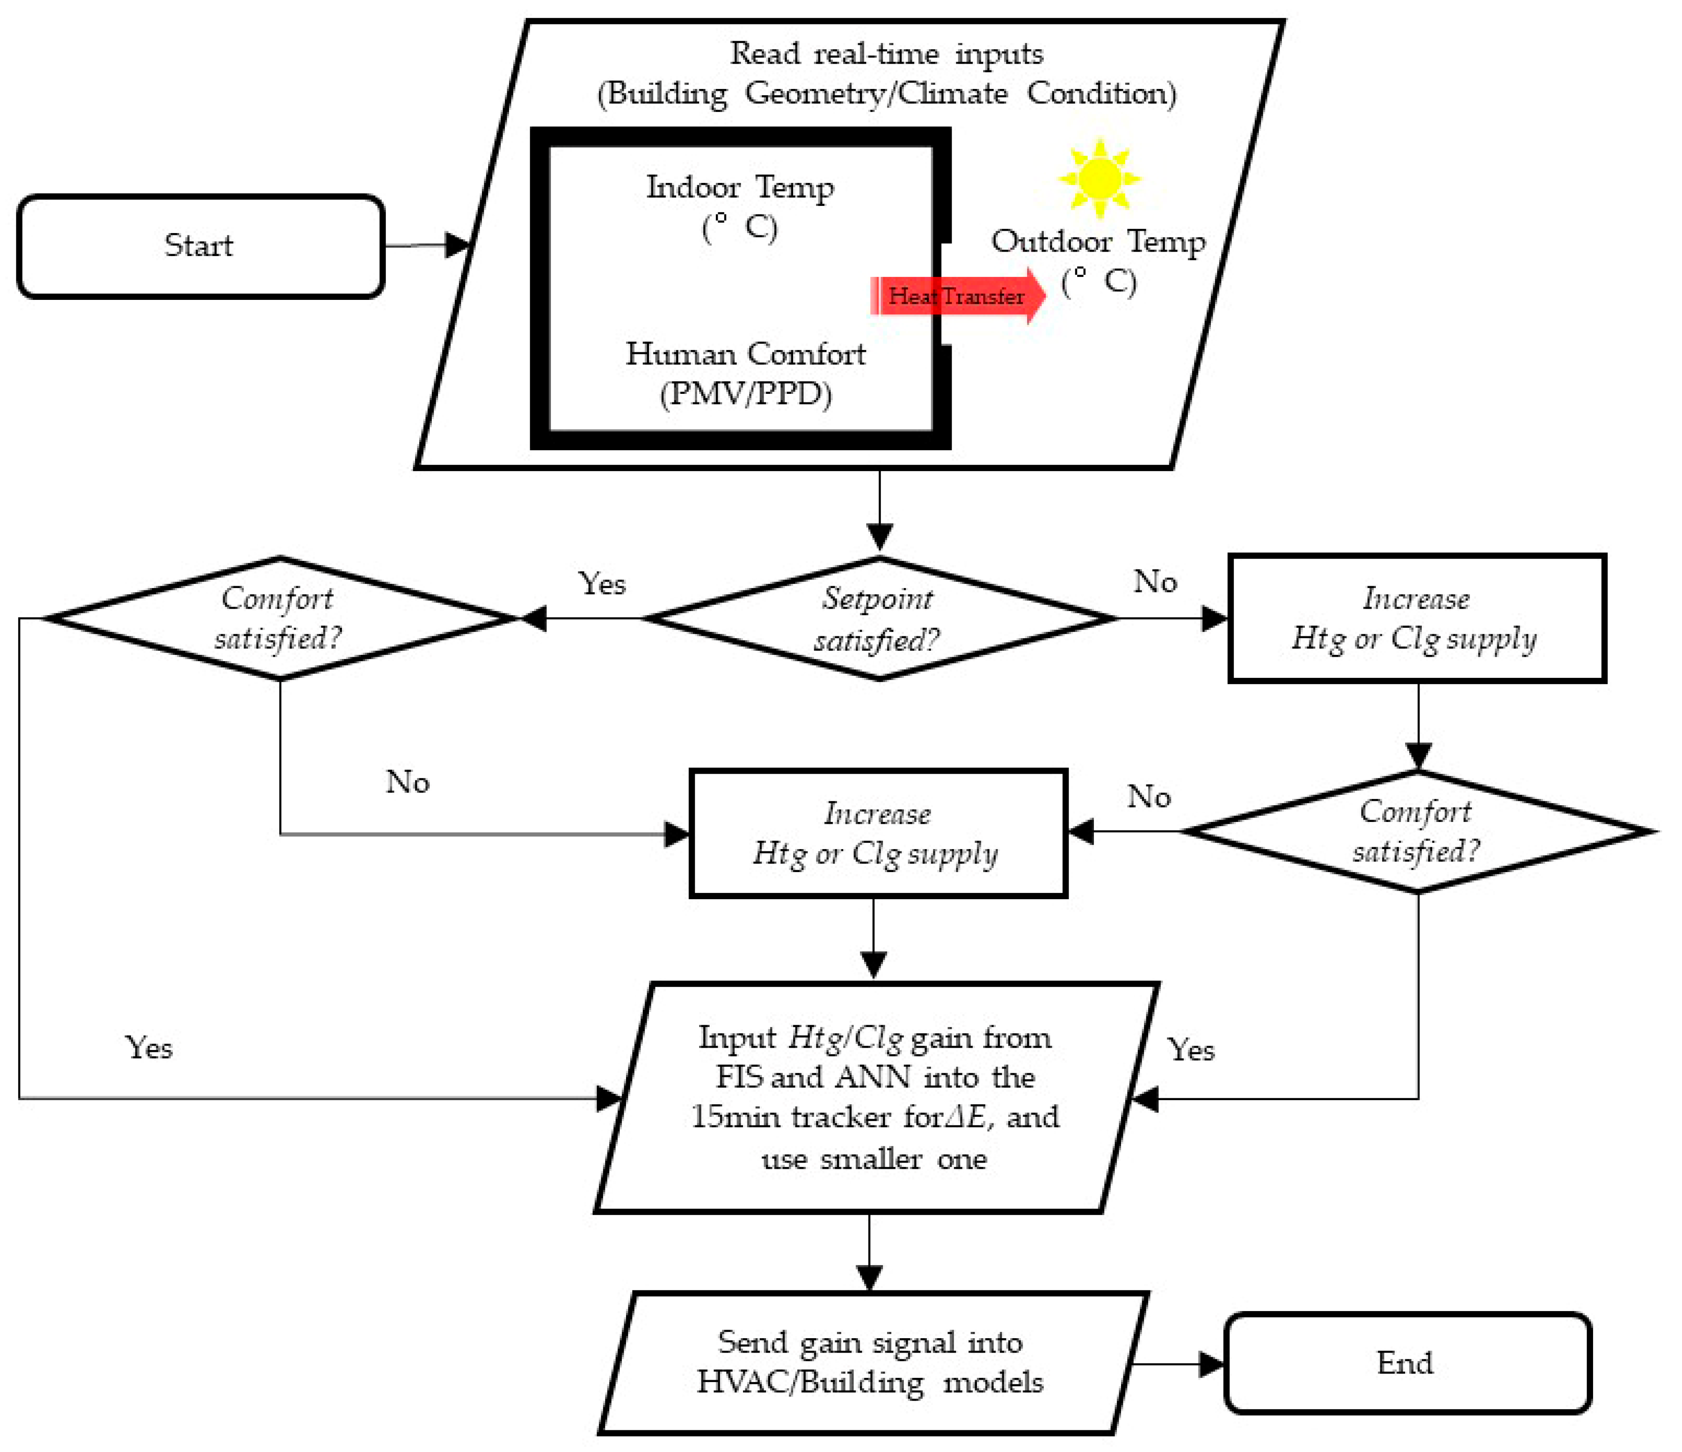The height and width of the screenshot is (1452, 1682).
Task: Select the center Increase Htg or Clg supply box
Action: [x=877, y=834]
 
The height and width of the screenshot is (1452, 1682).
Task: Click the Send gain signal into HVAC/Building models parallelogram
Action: [x=871, y=1363]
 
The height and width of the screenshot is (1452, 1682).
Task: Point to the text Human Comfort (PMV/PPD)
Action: [x=745, y=374]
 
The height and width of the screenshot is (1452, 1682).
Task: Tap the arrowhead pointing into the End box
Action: [x=1211, y=1364]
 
